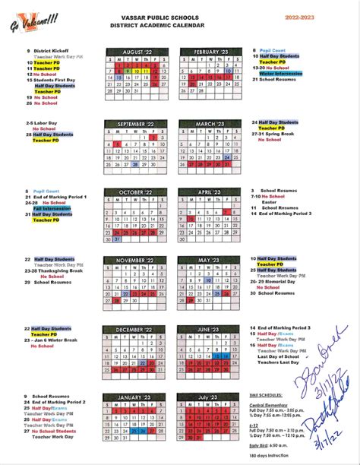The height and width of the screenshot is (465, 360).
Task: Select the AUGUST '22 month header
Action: click(136, 51)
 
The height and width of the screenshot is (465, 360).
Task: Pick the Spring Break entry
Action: click(278, 134)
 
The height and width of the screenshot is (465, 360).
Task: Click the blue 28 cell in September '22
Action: click(135, 164)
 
